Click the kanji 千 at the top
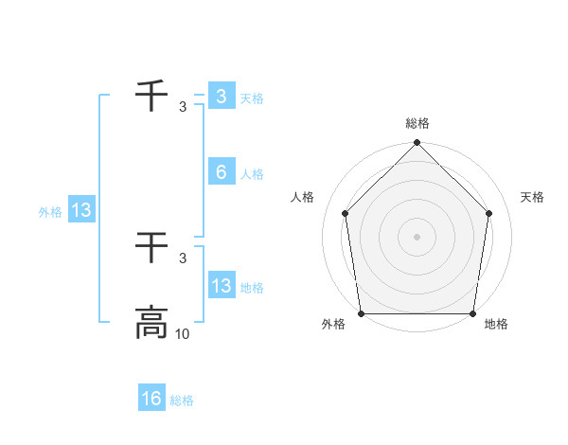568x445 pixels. click(151, 97)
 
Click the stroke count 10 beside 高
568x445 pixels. click(183, 334)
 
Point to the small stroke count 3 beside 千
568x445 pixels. click(183, 107)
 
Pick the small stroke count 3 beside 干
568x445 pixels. click(183, 258)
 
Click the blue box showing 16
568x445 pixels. click(151, 399)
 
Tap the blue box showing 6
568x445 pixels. click(222, 172)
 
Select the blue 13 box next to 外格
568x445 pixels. click(81, 210)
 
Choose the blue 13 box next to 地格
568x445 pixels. click(222, 286)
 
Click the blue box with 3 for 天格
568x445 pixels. click(222, 97)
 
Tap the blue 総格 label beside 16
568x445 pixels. click(182, 400)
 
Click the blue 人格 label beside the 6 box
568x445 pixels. click(252, 174)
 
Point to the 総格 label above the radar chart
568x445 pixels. click(417, 123)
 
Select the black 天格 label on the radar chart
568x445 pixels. click(533, 197)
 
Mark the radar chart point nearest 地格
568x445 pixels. click(472, 313)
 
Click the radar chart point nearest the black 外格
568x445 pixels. click(361, 313)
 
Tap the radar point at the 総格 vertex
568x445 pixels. click(417, 144)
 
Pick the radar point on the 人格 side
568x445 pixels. click(345, 213)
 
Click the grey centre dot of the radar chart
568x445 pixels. click(417, 236)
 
